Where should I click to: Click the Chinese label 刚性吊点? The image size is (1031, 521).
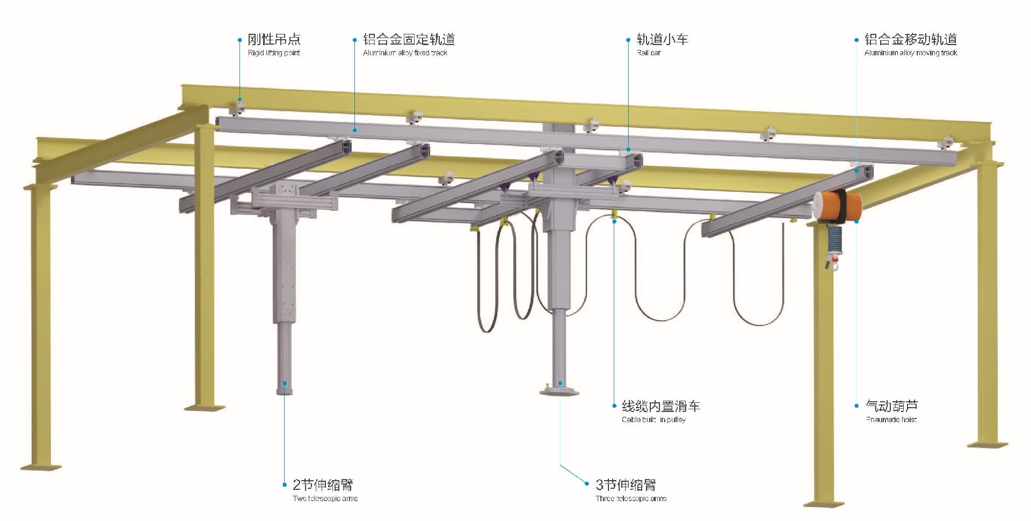pyautogui.click(x=274, y=39)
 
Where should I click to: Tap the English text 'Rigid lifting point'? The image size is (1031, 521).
pyautogui.click(x=274, y=53)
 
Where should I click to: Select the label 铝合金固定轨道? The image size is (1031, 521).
pyautogui.click(x=409, y=39)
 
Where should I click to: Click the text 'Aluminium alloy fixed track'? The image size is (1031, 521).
pyautogui.click(x=405, y=53)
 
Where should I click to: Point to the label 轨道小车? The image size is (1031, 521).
pyautogui.click(x=662, y=39)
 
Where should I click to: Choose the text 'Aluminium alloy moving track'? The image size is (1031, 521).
pyautogui.click(x=911, y=53)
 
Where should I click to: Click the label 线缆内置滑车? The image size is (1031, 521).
pyautogui.click(x=661, y=406)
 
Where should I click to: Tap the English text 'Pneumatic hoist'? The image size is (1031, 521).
pyautogui.click(x=891, y=419)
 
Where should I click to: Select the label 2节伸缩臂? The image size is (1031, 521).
pyautogui.click(x=323, y=485)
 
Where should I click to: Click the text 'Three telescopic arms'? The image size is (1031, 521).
pyautogui.click(x=631, y=498)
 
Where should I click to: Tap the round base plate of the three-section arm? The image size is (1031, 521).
pyautogui.click(x=560, y=391)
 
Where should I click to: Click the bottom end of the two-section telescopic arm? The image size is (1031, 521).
pyautogui.click(x=285, y=388)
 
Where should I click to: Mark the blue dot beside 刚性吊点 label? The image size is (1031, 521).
pyautogui.click(x=240, y=40)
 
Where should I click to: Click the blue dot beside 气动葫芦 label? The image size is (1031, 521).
pyautogui.click(x=856, y=406)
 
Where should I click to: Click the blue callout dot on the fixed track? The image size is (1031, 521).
pyautogui.click(x=354, y=130)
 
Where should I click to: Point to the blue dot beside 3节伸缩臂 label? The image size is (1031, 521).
pyautogui.click(x=587, y=484)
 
